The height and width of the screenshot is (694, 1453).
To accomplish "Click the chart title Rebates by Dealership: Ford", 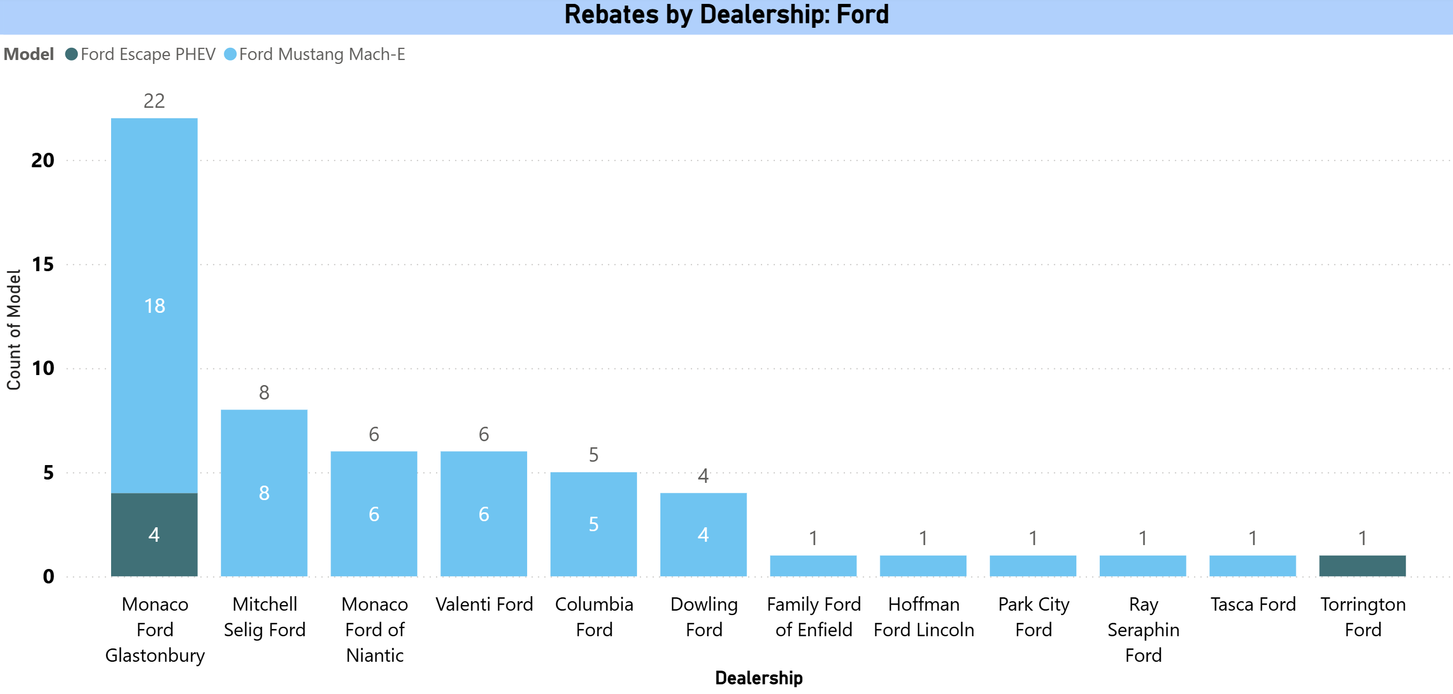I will coord(726,14).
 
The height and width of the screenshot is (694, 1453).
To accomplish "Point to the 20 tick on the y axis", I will coord(43,161).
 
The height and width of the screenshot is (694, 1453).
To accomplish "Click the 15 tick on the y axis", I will coord(43,264).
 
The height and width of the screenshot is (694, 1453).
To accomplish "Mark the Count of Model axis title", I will coord(13,330).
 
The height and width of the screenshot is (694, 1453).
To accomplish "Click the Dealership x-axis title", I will coord(758,678).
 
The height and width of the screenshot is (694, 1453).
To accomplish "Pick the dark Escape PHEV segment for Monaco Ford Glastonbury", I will coord(154,535).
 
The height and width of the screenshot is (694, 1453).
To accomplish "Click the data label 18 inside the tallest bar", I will coord(154,306).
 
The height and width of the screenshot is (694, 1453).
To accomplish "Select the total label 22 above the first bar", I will coord(154,101).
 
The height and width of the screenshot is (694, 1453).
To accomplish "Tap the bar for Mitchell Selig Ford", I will coord(264,492).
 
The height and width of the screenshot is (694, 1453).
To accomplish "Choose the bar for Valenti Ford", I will coord(483,513).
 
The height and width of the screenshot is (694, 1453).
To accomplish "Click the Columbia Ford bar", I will coord(593,523).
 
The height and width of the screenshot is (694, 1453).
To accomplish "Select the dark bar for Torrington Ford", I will coord(1362,566).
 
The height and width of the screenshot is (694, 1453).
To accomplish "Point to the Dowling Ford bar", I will coord(703,535).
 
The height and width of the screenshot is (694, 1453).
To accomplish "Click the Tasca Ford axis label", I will coord(1252,605).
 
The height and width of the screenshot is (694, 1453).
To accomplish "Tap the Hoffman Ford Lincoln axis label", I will coord(923,617).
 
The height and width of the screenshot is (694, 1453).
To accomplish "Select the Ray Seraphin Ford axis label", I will coord(1143,630).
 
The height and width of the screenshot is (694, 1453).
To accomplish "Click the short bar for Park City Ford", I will coord(1033,566).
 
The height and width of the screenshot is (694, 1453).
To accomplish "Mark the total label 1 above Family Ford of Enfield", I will coord(813,538).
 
